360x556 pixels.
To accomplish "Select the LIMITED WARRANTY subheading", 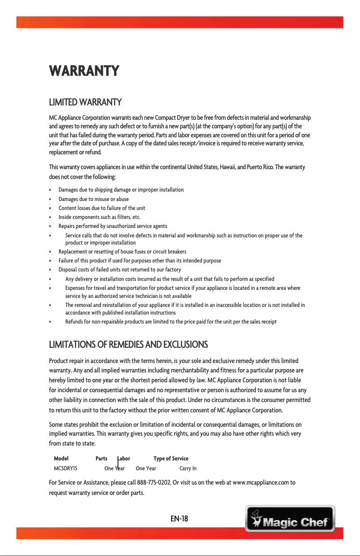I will [85, 102].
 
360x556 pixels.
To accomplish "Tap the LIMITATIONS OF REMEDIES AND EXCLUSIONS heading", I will [128, 345].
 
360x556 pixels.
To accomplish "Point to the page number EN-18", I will [179, 519].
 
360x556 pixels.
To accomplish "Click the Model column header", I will [61, 458].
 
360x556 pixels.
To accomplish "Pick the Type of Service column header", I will [171, 458].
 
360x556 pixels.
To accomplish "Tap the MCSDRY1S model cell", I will [66, 468].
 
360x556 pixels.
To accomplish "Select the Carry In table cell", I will [188, 468].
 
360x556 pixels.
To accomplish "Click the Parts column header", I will [101, 458].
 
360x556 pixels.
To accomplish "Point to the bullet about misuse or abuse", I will [93, 199].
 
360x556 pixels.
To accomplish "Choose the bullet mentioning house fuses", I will [122, 251].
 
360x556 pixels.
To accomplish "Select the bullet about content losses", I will [101, 208].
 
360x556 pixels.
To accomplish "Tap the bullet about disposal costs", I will [119, 270].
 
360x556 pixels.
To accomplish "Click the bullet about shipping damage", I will [121, 190].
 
